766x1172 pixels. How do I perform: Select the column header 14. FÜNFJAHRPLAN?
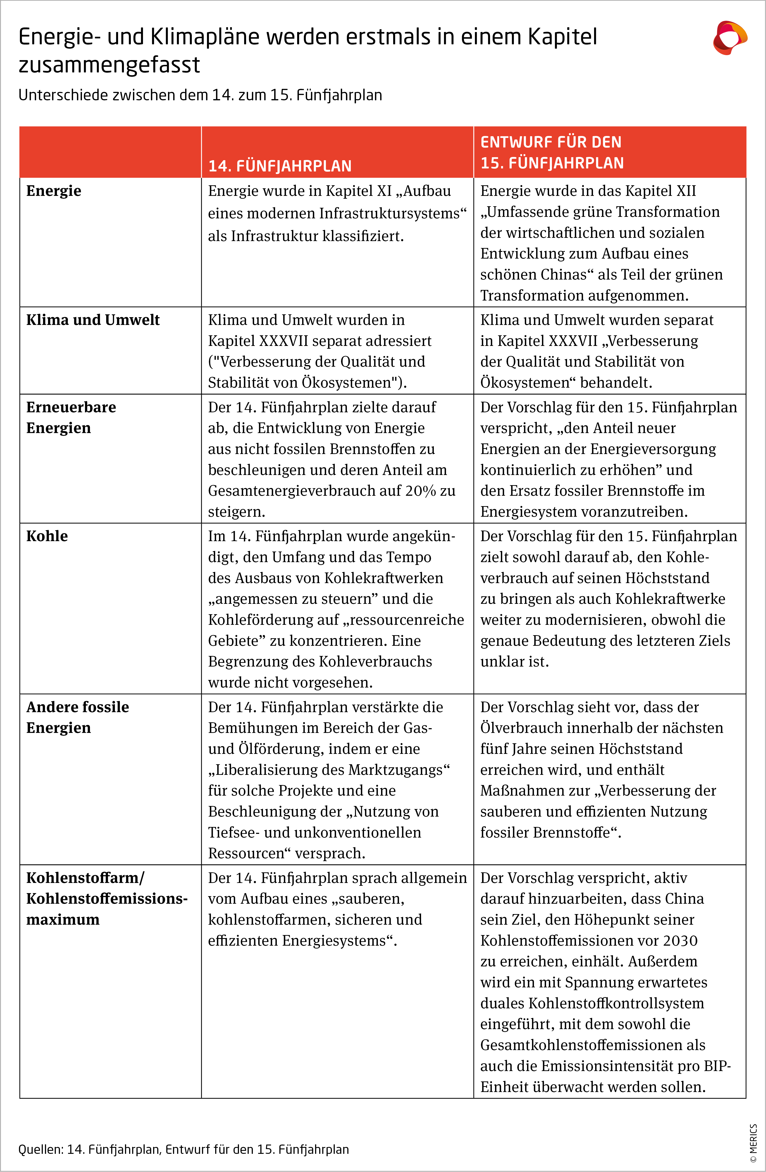[x=280, y=166]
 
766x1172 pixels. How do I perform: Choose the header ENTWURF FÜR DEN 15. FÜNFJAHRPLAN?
[x=552, y=152]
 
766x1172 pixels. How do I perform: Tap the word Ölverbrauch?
[x=521, y=728]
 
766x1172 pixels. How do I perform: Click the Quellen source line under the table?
[x=183, y=1149]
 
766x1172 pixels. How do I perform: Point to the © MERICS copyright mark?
[x=753, y=1142]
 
